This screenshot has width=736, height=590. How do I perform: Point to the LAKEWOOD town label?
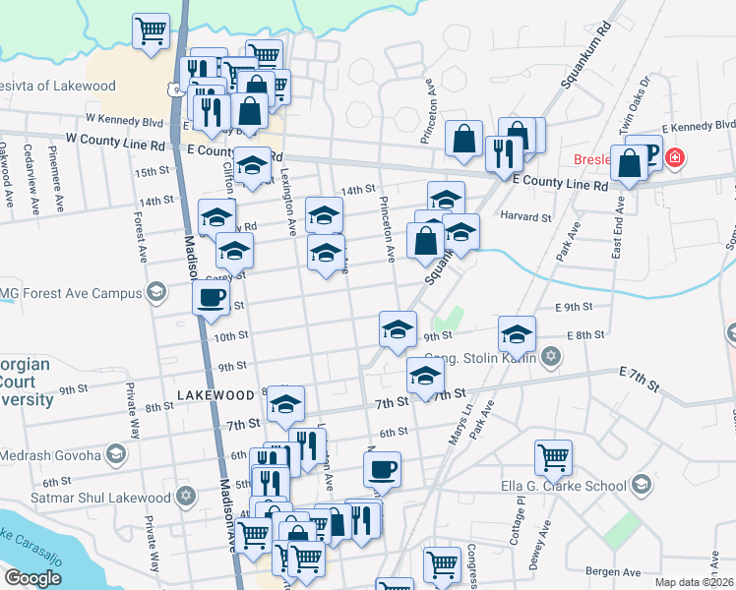pyautogui.click(x=215, y=395)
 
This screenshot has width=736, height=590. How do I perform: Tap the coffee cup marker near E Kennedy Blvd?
pyautogui.click(x=644, y=151)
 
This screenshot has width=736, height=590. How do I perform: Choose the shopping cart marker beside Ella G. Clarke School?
pyautogui.click(x=553, y=456)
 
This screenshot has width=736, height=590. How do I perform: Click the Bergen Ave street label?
pyautogui.click(x=614, y=570)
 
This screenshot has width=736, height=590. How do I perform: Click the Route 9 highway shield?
pyautogui.click(x=174, y=89)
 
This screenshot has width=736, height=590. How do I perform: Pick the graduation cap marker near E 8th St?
pyautogui.click(x=517, y=334)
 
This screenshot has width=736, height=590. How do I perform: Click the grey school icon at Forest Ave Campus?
pyautogui.click(x=155, y=292)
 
